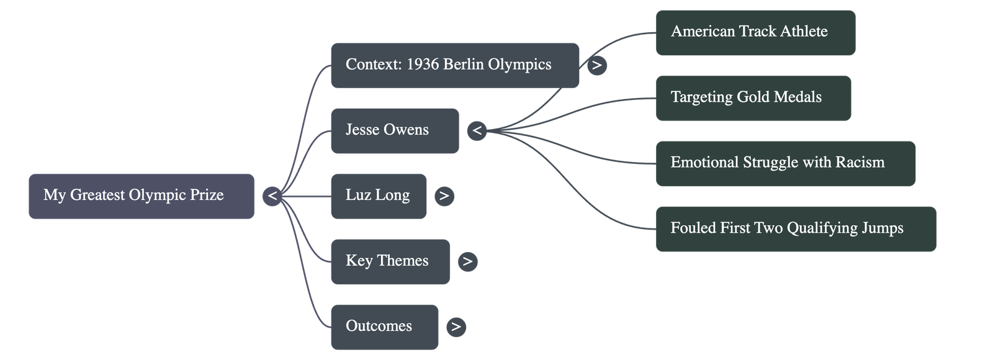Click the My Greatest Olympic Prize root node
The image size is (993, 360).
pyautogui.click(x=141, y=196)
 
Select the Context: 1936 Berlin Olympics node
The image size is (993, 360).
pyautogui.click(x=454, y=65)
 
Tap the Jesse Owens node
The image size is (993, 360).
pyautogui.click(x=395, y=130)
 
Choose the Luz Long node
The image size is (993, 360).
pyautogui.click(x=378, y=196)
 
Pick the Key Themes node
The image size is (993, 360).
pyautogui.click(x=390, y=261)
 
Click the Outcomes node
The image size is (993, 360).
pyautogui.click(x=384, y=326)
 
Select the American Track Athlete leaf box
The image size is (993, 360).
pyautogui.click(x=755, y=32)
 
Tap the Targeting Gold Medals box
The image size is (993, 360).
pyautogui.click(x=753, y=97)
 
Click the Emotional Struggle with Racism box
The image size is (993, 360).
pyautogui.click(x=785, y=163)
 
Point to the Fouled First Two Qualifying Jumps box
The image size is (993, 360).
pyautogui.click(x=795, y=228)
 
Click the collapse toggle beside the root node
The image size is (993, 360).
pyautogui.click(x=272, y=196)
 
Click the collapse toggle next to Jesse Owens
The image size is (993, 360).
pyautogui.click(x=477, y=130)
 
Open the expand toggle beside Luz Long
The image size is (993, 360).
pyautogui.click(x=443, y=196)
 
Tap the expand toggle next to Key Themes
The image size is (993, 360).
pyautogui.click(x=467, y=261)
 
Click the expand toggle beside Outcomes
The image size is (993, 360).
pyautogui.click(x=456, y=326)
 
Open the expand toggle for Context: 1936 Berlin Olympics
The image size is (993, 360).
pyautogui.click(x=596, y=65)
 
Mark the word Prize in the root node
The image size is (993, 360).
pyautogui.click(x=207, y=196)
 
